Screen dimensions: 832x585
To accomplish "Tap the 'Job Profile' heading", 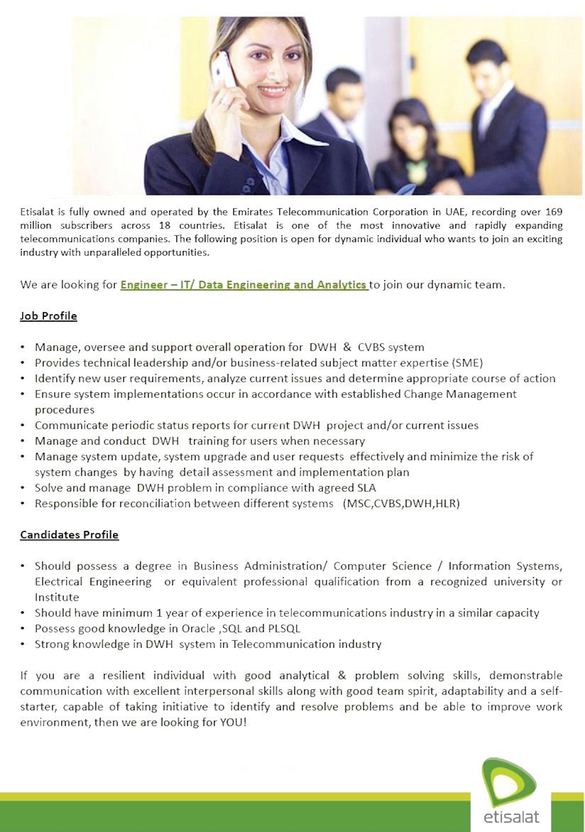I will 48,316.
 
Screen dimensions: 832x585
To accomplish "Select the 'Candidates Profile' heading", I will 69,535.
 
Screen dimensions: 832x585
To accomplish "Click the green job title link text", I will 244,284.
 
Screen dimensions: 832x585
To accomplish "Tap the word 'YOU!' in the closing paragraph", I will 233,722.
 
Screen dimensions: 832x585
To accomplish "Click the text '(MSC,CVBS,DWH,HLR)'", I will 401,504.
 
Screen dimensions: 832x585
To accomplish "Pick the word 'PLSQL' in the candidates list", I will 284,629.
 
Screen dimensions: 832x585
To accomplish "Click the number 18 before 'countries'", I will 164,225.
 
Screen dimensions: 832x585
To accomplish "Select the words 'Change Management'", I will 460,394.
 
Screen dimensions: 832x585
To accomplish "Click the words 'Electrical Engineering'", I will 93,582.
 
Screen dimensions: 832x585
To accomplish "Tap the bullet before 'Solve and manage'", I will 23,488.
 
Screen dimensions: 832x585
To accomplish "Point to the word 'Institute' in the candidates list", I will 57,597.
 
